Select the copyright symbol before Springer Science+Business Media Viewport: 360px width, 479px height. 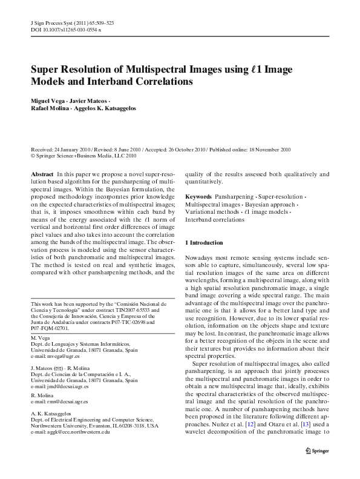pyautogui.click(x=33, y=155)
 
